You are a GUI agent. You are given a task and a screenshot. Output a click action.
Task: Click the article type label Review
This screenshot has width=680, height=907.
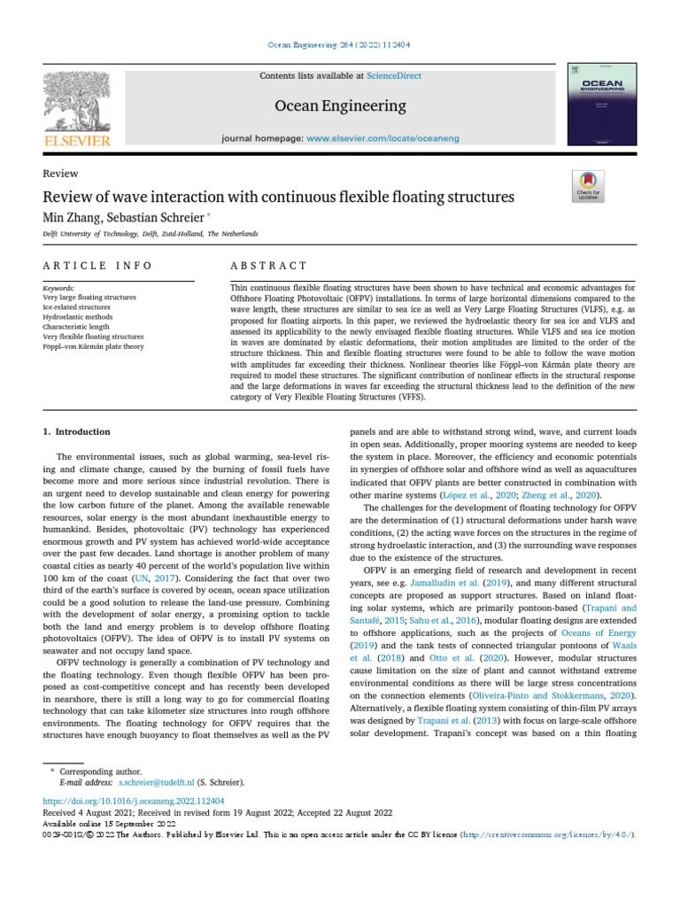click(60, 174)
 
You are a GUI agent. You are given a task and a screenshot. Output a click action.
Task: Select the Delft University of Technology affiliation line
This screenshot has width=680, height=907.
click(150, 234)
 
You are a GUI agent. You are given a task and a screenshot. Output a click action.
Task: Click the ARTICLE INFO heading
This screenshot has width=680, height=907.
click(97, 266)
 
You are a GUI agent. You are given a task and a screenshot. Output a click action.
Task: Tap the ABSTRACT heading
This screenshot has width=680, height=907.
click(268, 266)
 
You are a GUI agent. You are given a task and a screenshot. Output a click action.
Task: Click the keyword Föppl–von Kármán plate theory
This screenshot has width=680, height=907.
click(93, 347)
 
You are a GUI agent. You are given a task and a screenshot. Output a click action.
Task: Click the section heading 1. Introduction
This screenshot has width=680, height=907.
click(77, 432)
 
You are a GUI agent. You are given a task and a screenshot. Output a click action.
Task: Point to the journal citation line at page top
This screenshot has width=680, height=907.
click(339, 45)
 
